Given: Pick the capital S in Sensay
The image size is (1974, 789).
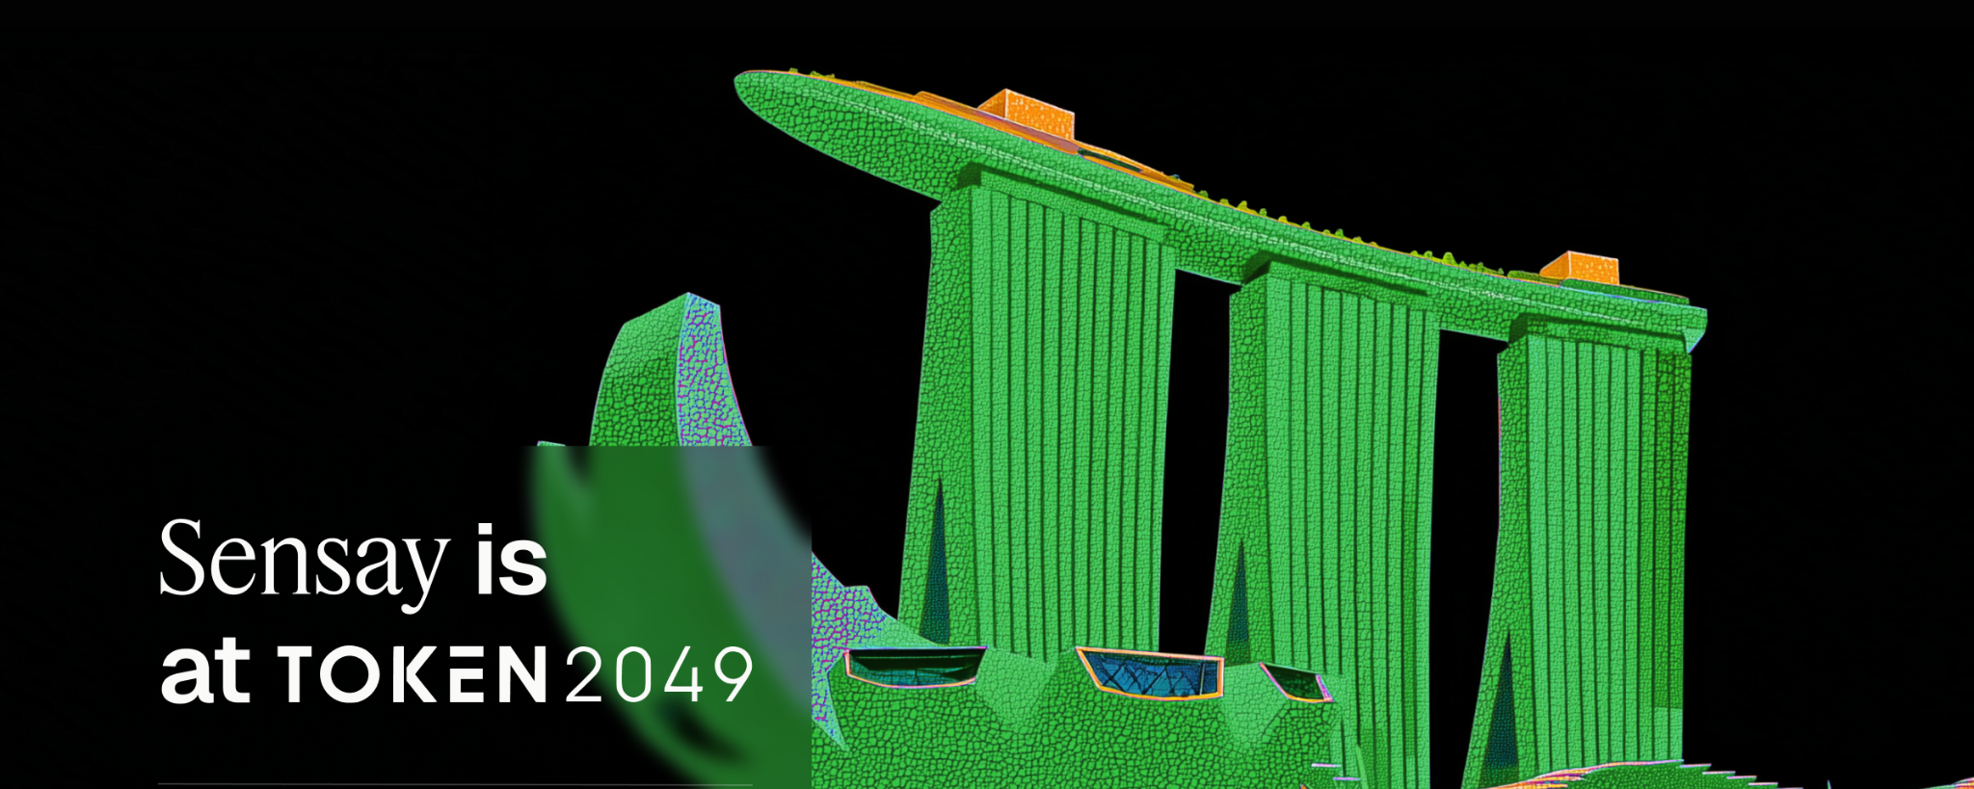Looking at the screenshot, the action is pos(182,557).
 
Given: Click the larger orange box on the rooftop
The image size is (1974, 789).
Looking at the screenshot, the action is pos(1026,113).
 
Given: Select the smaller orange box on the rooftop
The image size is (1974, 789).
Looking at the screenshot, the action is pos(1579,267).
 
